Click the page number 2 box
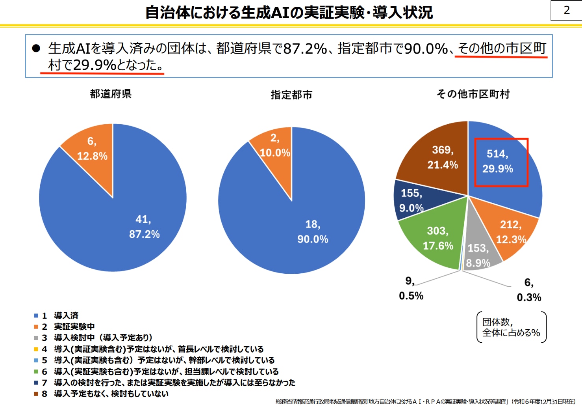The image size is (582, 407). pos(566,11)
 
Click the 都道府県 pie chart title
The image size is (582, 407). pos(111,94)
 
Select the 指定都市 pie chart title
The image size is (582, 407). pos(291,95)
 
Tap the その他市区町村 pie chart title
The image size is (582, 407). pos(473,94)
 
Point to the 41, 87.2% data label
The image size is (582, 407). pos(144,227)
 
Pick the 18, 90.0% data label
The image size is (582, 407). pos(313,232)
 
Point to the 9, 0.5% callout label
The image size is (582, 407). pos(411,288)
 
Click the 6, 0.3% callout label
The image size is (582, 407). pos(529,290)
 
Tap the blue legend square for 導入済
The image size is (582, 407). pos(36,316)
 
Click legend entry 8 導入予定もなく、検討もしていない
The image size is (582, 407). pos(111,394)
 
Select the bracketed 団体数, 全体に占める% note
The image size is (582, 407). pos(511,327)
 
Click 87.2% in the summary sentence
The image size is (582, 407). pos(305,49)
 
